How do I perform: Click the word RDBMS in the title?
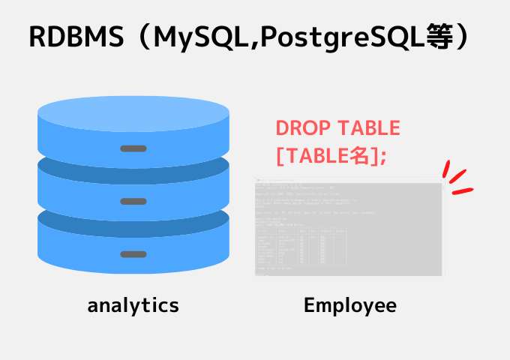pos(75,37)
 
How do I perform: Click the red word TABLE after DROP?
pos(368,128)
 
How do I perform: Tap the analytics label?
pos(133,305)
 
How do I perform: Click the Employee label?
pos(349,305)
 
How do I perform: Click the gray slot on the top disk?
pos(133,148)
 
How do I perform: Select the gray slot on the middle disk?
pos(133,201)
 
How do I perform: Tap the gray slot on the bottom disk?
pos(133,254)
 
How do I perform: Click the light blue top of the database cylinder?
pos(133,112)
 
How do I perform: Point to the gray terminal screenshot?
pos(348,228)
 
